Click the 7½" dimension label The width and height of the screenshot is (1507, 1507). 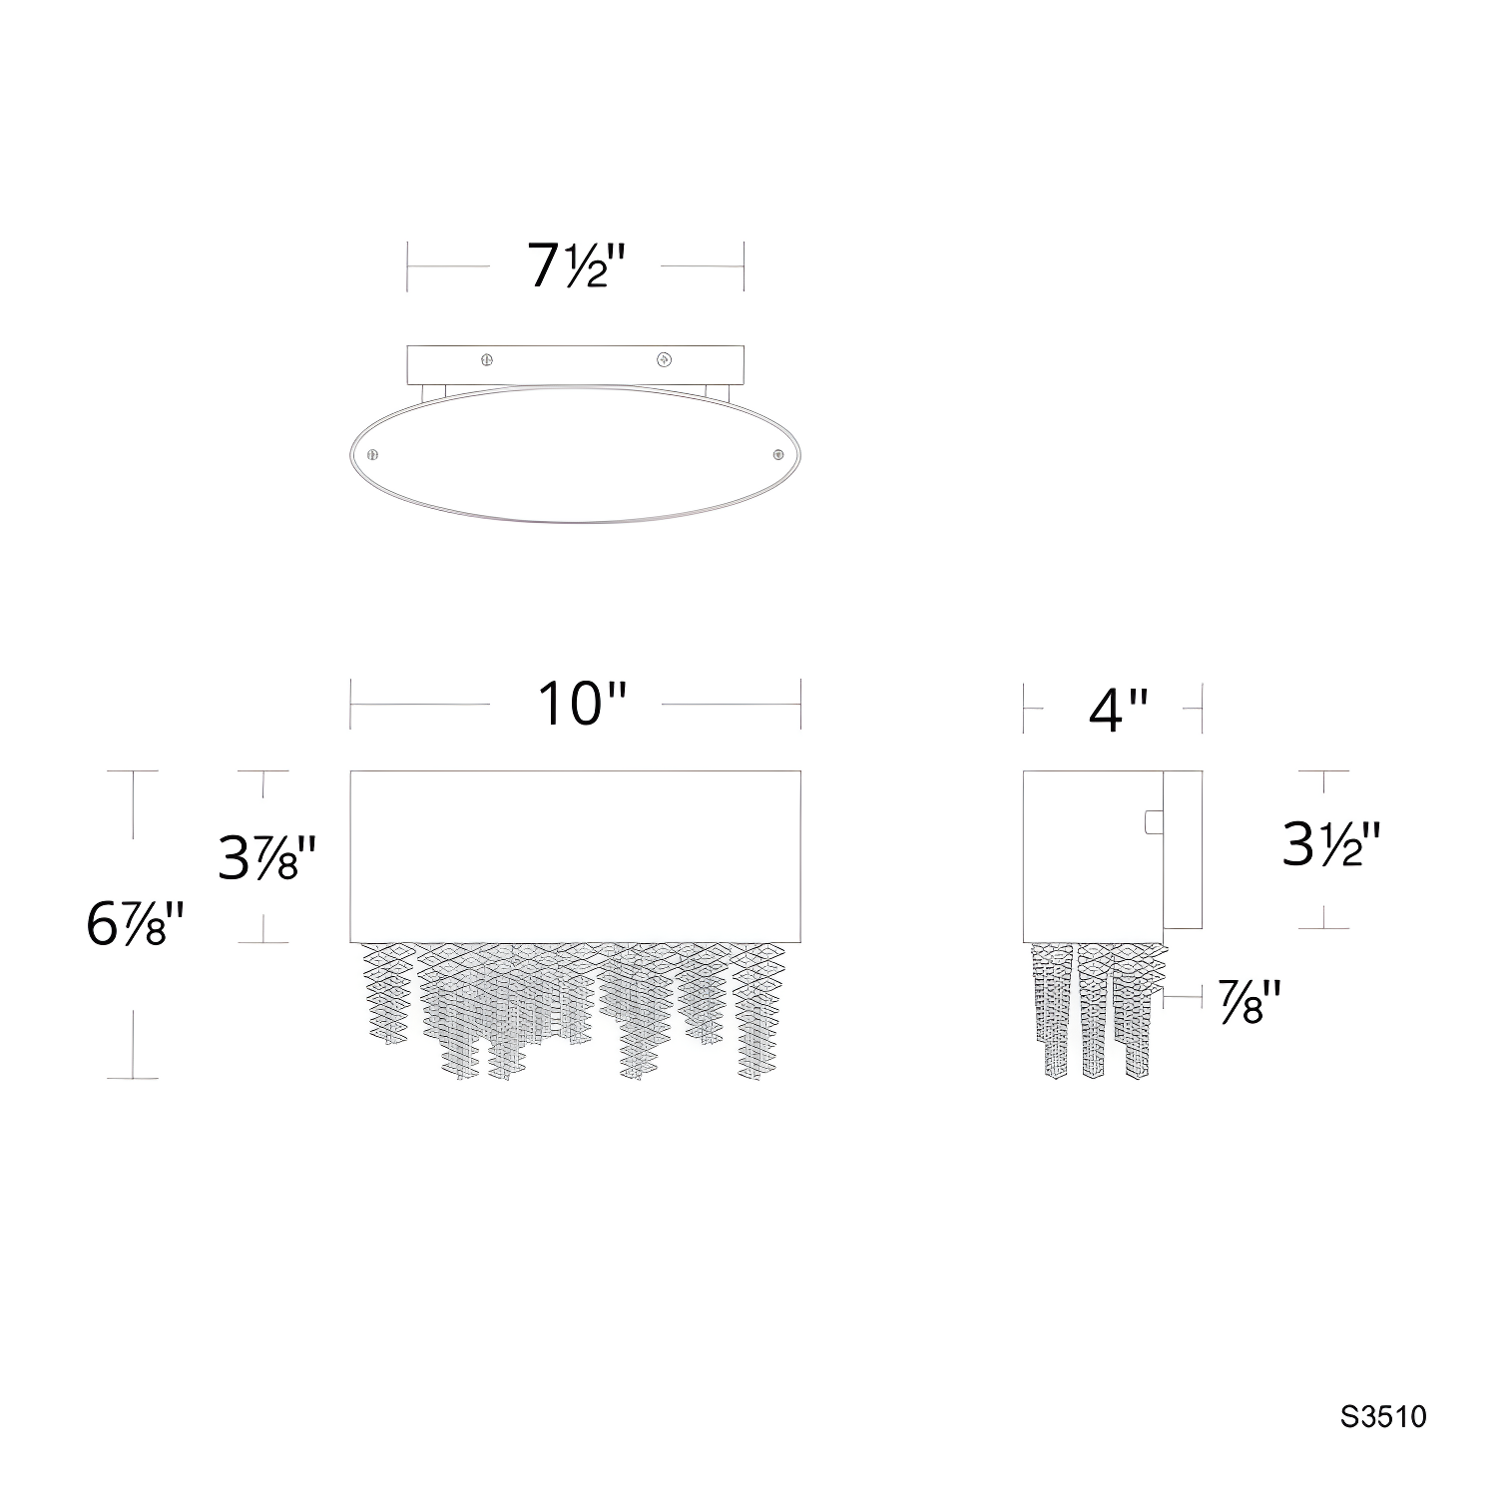[x=576, y=266]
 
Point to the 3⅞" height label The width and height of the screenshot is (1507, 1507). [x=266, y=857]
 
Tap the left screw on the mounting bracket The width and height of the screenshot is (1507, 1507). [x=487, y=359]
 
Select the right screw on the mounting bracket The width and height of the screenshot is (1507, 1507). [x=662, y=359]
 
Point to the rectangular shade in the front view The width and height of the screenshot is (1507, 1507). [x=576, y=855]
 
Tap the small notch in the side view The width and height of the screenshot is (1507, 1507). [x=1153, y=821]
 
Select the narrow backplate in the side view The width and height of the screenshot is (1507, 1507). [x=1183, y=849]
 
